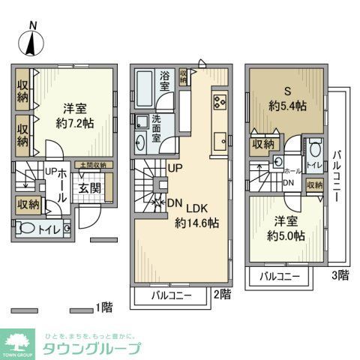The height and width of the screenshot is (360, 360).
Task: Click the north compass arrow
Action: point(31,41)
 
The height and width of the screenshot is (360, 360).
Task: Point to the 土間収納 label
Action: point(94,165)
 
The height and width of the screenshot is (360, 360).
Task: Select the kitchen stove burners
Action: point(220,103)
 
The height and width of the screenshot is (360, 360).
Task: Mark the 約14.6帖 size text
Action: point(196,223)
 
